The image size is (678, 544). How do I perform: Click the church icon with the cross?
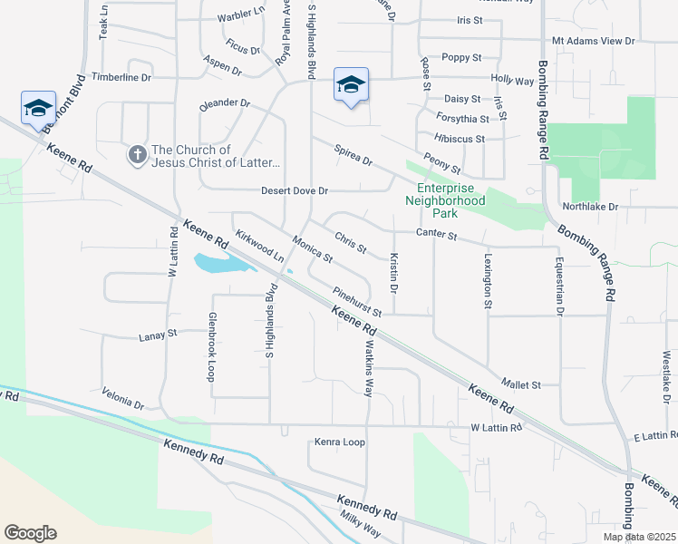(137, 156)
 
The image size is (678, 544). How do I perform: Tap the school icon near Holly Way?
(351, 85)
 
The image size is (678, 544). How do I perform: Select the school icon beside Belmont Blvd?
(38, 108)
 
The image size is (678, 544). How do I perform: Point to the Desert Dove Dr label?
(295, 191)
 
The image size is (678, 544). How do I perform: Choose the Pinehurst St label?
(358, 302)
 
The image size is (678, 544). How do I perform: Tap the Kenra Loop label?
(339, 442)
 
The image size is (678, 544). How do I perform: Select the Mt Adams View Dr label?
(594, 41)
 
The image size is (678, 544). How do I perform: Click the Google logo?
(30, 533)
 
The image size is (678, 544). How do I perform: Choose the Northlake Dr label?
(589, 207)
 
